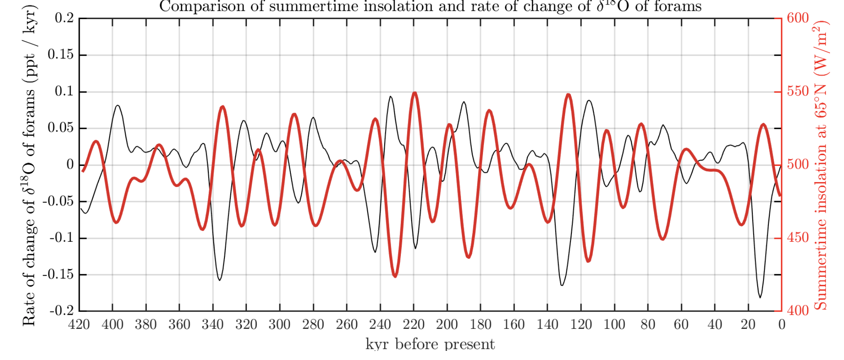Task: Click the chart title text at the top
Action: (430, 7)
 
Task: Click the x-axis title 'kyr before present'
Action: (430, 344)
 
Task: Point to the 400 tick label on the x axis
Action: (112, 324)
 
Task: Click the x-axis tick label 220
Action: (414, 324)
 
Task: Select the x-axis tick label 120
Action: (581, 324)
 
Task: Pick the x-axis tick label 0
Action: (782, 324)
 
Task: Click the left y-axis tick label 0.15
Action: (61, 55)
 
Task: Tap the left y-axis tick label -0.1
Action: (62, 238)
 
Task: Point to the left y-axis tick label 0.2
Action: (64, 18)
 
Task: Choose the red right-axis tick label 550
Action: (798, 91)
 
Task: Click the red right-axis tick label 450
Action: (798, 238)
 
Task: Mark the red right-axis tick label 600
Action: (798, 18)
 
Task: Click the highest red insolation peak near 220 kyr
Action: (415, 93)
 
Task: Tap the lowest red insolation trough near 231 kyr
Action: (395, 276)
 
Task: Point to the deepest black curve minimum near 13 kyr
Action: (760, 297)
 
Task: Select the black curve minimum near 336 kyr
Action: (220, 280)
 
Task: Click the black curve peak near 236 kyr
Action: (390, 97)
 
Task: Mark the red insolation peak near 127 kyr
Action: (568, 95)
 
